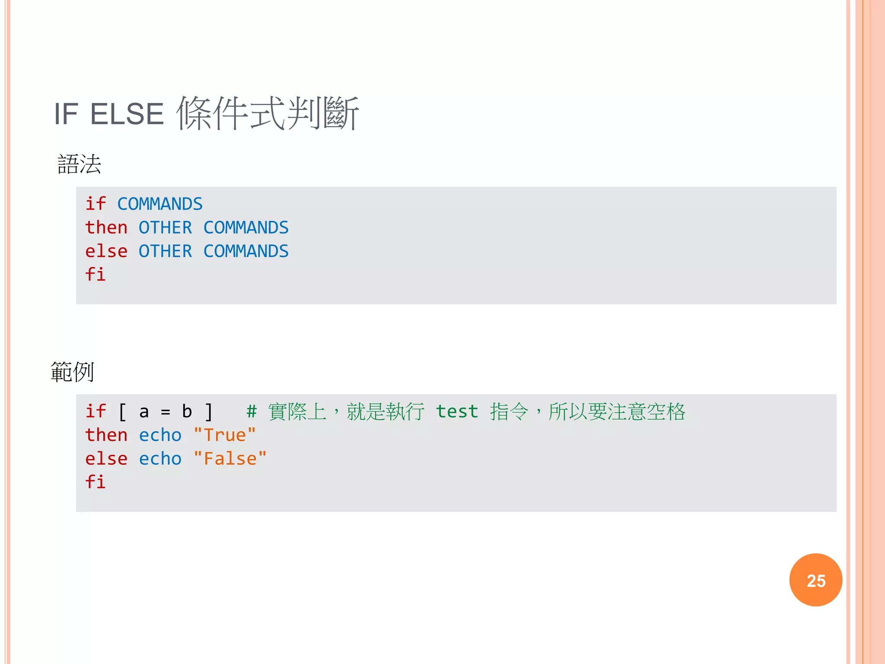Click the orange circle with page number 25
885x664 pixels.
point(815,580)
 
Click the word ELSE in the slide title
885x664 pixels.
point(127,115)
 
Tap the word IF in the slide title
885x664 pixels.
point(66,115)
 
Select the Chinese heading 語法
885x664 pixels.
point(80,165)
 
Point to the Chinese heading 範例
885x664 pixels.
point(72,372)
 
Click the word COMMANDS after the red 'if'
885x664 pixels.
point(160,204)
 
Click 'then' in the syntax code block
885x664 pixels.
point(106,228)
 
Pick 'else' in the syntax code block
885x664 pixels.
point(106,252)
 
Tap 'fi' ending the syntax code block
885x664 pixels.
point(96,275)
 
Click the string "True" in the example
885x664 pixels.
point(225,435)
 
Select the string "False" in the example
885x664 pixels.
point(230,459)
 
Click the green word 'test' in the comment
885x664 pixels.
point(457,412)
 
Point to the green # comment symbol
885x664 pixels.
point(251,412)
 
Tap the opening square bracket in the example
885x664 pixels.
point(122,412)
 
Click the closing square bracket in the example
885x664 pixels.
point(209,412)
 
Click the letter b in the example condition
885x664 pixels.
point(187,412)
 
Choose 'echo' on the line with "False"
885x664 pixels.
point(160,459)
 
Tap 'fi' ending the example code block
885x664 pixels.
point(96,482)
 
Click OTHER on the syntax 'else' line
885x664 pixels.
point(165,252)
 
